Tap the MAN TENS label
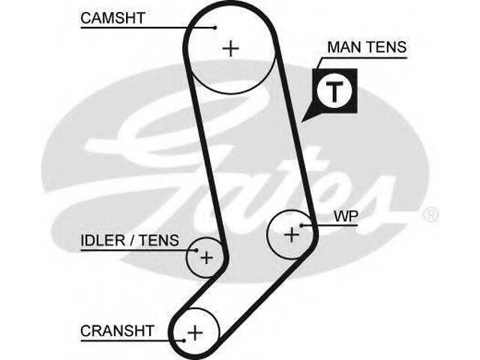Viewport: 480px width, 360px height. (x=366, y=47)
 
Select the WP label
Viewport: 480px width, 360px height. (x=346, y=216)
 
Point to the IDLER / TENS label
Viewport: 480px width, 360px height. (x=130, y=241)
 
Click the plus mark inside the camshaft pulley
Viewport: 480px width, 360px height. (x=231, y=49)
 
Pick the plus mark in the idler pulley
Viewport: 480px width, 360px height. (x=205, y=258)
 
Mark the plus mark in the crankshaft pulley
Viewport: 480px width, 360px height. (x=195, y=331)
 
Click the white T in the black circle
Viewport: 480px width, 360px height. (x=333, y=91)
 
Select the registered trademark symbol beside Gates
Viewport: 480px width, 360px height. (x=430, y=216)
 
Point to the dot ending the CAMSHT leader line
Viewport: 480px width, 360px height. (x=215, y=28)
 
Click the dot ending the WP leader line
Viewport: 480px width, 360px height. (x=301, y=224)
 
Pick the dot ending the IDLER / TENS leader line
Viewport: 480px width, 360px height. (x=196, y=250)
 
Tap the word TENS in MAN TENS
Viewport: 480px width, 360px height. (x=385, y=47)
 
